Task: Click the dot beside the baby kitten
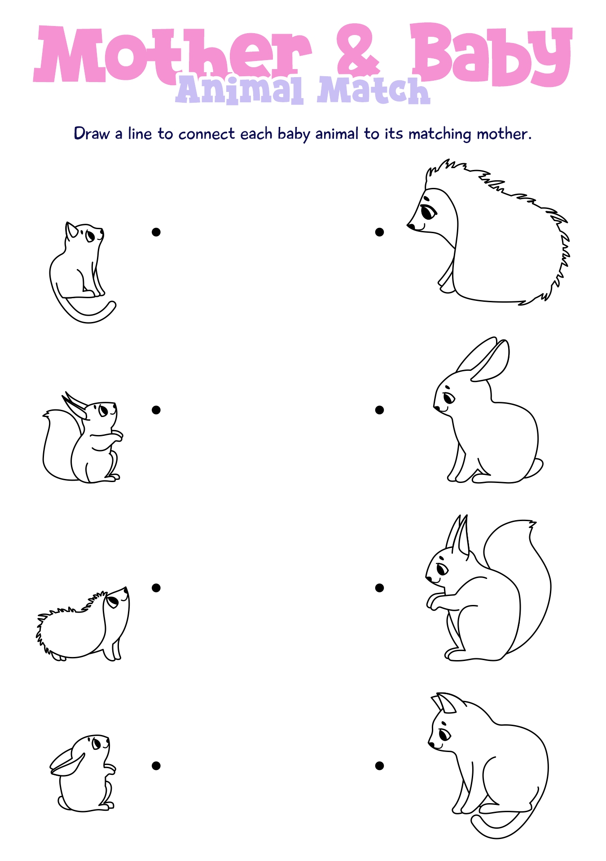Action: [156, 232]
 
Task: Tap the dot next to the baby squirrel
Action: [156, 410]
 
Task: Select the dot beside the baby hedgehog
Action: [156, 587]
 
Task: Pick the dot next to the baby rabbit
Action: [156, 765]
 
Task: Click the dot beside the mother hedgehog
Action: [379, 232]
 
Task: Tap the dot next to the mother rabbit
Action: [379, 410]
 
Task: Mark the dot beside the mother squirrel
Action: [379, 587]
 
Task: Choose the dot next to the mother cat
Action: [379, 765]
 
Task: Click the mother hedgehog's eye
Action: [428, 211]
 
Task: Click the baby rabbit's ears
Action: [67, 762]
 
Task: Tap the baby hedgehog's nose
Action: [126, 588]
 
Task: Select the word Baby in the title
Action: [492, 54]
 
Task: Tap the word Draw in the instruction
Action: [92, 134]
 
